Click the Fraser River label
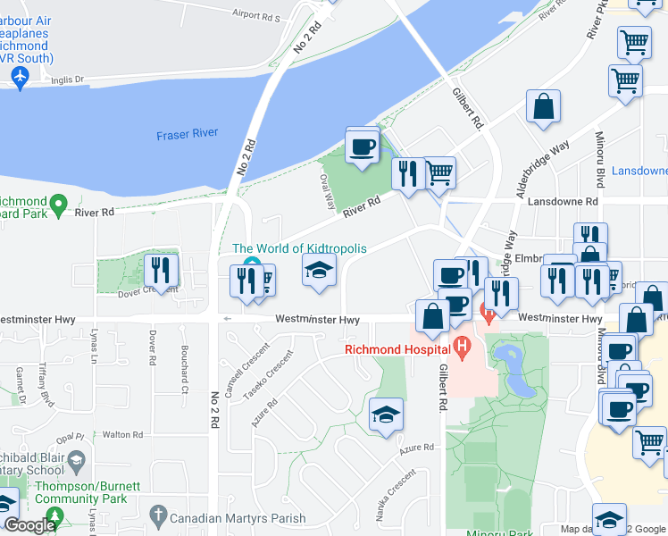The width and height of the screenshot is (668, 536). (187, 134)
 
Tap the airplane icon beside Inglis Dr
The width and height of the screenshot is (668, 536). (19, 79)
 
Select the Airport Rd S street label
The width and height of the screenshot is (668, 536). (255, 16)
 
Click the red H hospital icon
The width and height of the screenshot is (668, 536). (462, 346)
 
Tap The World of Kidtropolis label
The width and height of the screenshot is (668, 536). (299, 248)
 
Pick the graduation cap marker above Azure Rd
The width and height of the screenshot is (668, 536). (386, 415)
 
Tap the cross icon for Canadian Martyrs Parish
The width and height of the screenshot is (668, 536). (158, 515)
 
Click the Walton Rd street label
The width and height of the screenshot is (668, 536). (123, 435)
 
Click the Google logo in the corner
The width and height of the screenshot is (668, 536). (29, 525)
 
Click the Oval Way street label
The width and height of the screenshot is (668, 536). (326, 188)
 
